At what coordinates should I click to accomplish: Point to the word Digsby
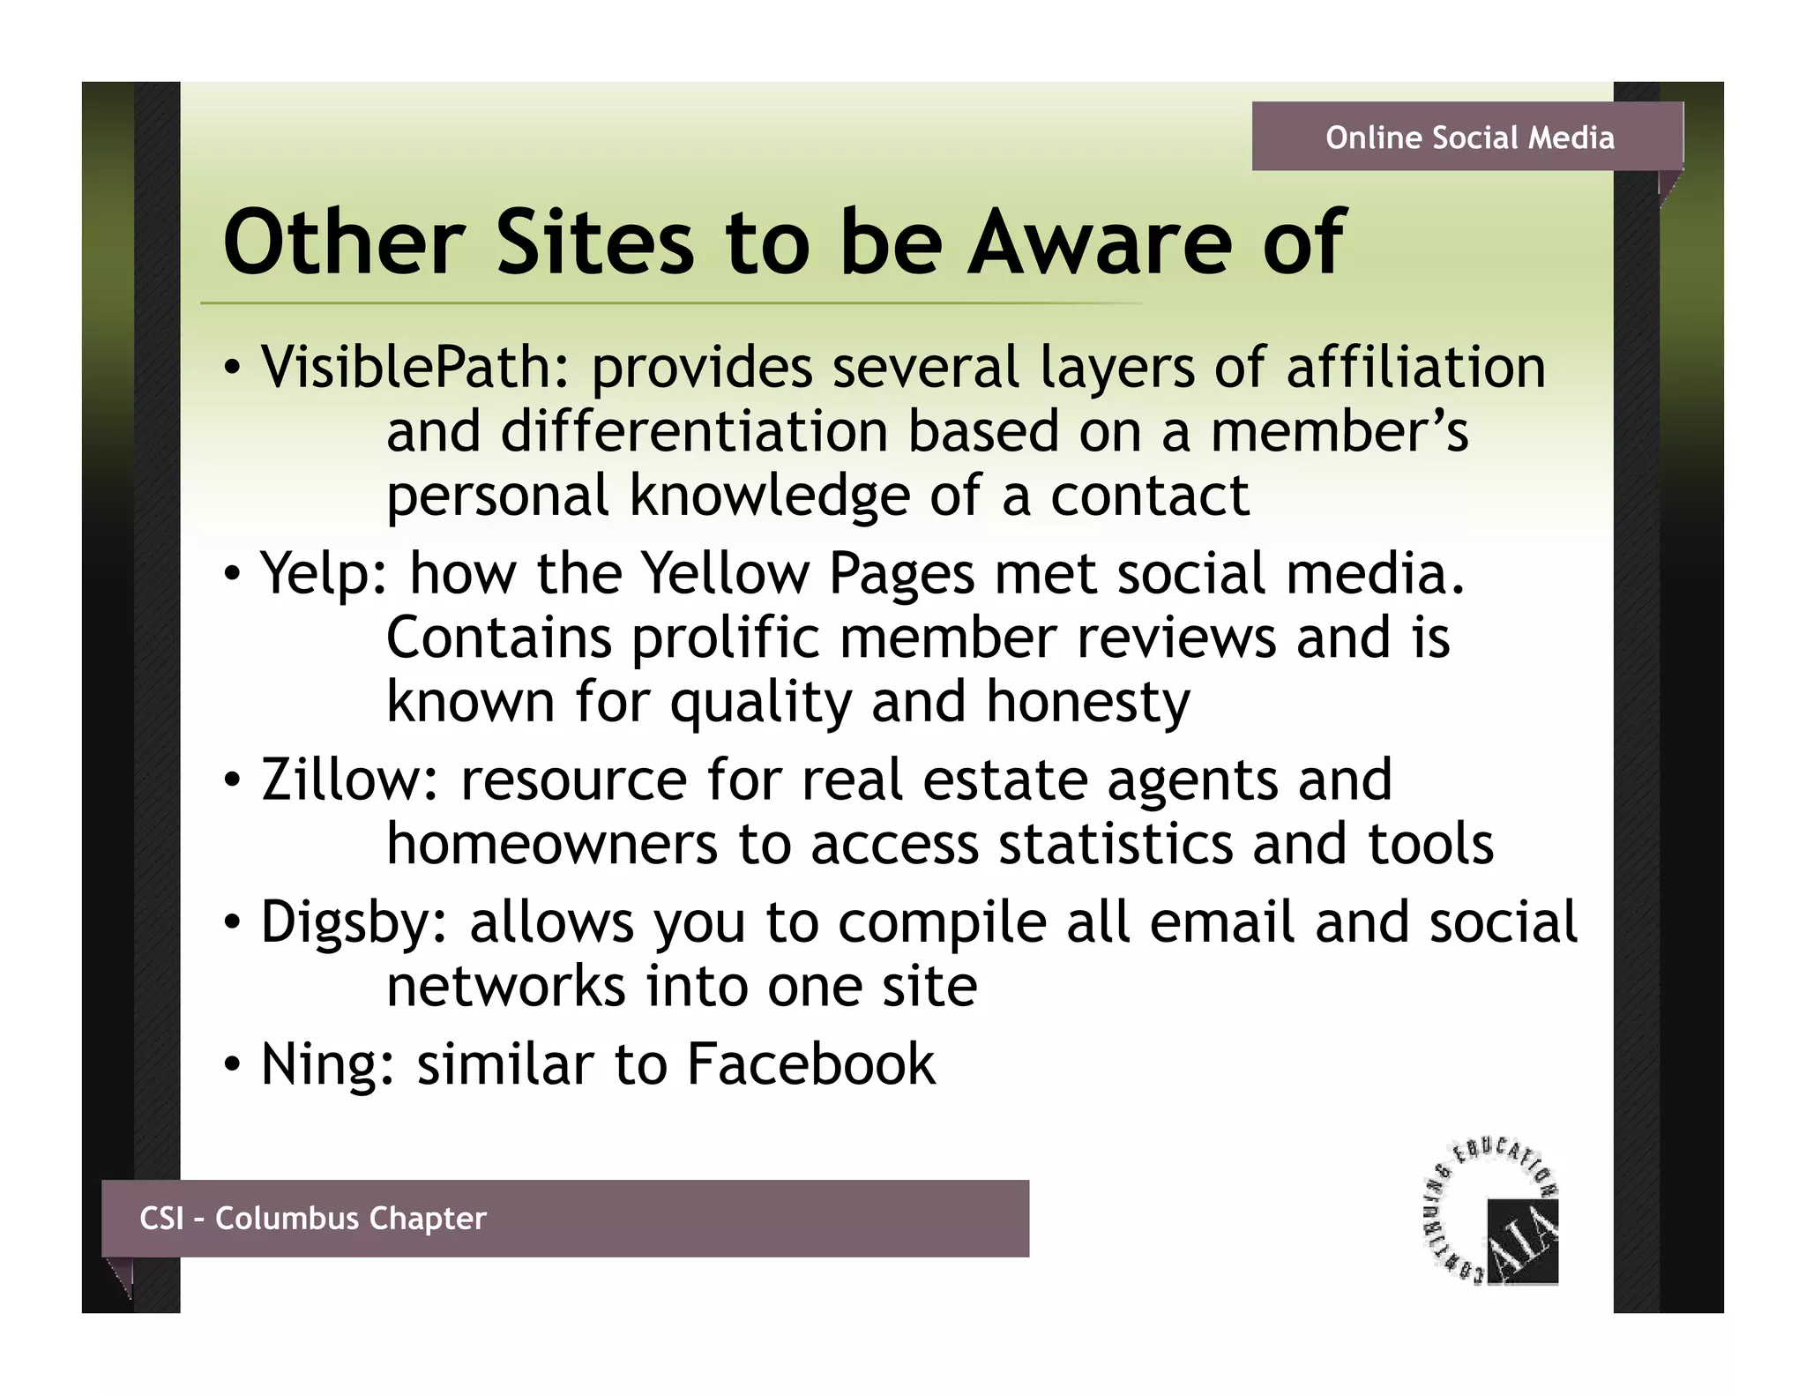tap(354, 923)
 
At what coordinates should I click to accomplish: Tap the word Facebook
tap(810, 1064)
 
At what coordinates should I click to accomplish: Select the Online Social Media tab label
tap(1469, 138)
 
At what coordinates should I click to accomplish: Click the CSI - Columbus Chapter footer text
tap(313, 1219)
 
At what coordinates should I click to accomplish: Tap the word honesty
tap(1087, 703)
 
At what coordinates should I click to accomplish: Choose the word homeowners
tap(552, 845)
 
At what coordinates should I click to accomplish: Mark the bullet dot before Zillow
tap(232, 781)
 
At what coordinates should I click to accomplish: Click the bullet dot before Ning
tap(232, 1065)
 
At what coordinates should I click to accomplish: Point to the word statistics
tap(1116, 845)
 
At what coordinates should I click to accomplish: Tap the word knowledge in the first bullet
tap(769, 496)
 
